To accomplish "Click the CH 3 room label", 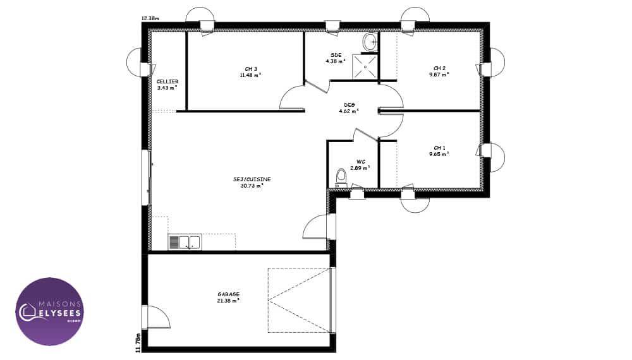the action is pos(251,69).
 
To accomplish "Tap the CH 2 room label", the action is pos(439,68).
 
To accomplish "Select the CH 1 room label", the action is pos(439,148).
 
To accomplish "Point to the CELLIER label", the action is pos(167,81).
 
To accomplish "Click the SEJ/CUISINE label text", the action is pos(252,179).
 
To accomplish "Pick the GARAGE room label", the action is pos(229,294).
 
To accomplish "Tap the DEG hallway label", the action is pos(349,105).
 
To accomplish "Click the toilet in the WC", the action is pos(341,178).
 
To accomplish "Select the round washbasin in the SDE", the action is pos(370,42).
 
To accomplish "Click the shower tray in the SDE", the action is pos(365,66).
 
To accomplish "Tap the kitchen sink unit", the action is pos(185,243).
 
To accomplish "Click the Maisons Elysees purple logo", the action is pos(50,311).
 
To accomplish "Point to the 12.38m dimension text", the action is pos(150,18).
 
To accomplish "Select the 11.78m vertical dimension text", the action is pos(138,343).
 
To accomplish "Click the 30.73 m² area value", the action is pos(252,186).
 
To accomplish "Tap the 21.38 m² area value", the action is pos(229,301).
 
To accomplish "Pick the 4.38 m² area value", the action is pos(336,61).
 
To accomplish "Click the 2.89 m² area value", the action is pos(360,167).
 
